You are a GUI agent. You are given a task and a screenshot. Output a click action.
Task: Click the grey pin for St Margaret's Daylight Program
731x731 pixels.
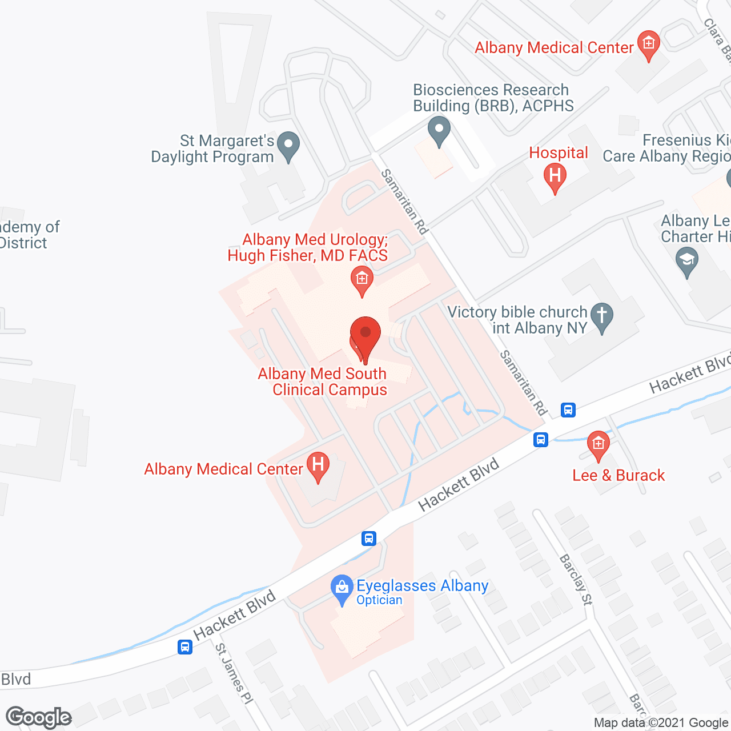tap(288, 146)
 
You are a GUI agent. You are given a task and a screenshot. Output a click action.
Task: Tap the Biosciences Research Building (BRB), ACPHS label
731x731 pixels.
tap(493, 98)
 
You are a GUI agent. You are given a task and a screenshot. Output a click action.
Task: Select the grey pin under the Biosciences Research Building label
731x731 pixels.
tap(439, 131)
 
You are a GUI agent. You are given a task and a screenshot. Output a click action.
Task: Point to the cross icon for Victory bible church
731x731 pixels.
tap(601, 317)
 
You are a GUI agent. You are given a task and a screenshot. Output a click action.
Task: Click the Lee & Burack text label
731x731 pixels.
tap(618, 475)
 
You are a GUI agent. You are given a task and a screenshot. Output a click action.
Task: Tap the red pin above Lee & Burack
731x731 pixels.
tap(598, 445)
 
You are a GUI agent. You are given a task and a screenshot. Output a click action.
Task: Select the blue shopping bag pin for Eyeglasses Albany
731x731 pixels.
tap(342, 589)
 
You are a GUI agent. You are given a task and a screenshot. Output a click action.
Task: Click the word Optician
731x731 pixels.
tap(379, 600)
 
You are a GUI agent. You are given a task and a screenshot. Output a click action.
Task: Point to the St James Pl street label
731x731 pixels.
tap(234, 673)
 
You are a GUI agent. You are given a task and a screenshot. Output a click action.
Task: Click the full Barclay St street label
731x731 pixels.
tap(576, 579)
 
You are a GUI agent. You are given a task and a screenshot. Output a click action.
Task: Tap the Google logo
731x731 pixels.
tap(39, 717)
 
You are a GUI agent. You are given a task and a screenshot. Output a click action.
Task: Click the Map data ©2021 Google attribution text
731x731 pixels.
tap(661, 723)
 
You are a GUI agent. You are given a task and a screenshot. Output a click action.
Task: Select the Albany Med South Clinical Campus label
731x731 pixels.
tap(323, 381)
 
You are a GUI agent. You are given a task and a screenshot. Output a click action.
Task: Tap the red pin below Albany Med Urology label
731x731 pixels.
tap(362, 280)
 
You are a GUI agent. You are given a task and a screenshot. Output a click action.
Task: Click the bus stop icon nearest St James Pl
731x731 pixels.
tap(184, 647)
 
